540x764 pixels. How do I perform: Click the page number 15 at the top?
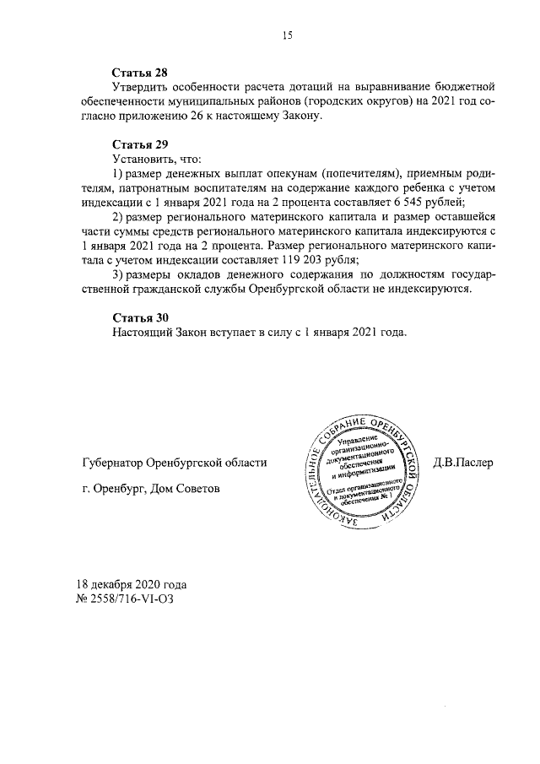coord(287,35)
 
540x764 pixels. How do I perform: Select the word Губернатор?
coord(109,463)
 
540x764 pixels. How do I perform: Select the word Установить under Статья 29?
coord(146,158)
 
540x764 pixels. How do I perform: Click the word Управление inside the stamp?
coord(358,440)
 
